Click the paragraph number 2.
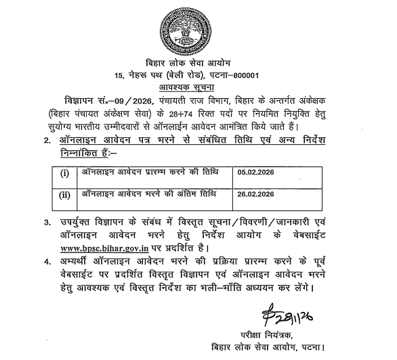[46, 141]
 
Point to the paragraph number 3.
[46, 222]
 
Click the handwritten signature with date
[287, 317]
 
